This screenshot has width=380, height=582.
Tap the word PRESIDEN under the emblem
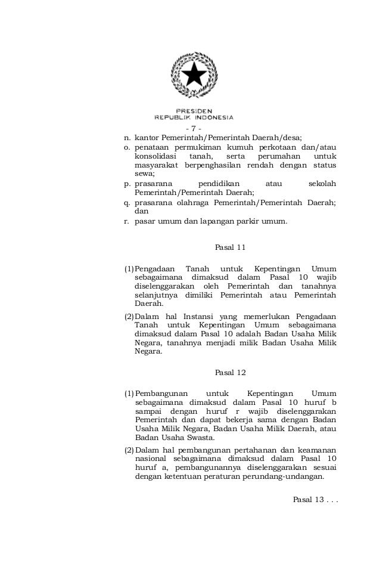[x=194, y=110]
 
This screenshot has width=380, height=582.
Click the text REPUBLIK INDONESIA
[x=194, y=117]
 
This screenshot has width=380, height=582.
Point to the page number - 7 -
[x=194, y=129]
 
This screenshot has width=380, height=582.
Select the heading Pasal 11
[x=229, y=246]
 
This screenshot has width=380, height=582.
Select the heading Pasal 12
[x=229, y=373]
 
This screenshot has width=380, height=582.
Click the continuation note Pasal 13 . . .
[x=316, y=499]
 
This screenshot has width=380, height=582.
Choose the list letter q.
[x=127, y=203]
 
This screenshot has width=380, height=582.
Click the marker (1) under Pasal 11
[x=129, y=269]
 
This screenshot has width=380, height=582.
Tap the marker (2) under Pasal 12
[x=129, y=449]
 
